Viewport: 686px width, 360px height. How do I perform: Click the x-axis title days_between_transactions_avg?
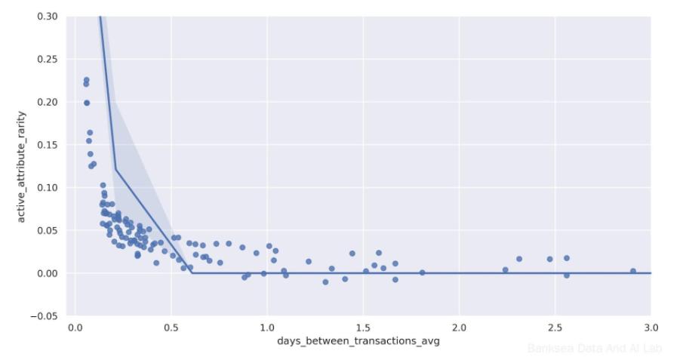(358, 341)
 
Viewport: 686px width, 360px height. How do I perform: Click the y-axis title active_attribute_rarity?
(22, 166)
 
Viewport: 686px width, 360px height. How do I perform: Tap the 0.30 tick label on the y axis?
(47, 17)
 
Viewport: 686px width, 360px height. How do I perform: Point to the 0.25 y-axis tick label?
(47, 60)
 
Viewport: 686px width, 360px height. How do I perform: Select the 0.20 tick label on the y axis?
(47, 102)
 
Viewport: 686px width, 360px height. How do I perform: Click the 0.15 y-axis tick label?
(47, 145)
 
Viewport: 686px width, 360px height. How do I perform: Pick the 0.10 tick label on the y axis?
(47, 187)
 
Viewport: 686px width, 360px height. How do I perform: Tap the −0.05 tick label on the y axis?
(44, 315)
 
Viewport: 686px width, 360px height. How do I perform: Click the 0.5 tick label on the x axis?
(171, 328)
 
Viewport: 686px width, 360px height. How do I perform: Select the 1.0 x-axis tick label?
(266, 328)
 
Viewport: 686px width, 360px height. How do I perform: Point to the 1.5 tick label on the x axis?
(363, 328)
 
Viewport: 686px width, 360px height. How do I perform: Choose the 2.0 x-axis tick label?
(459, 328)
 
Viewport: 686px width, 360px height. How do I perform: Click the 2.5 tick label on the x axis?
(555, 328)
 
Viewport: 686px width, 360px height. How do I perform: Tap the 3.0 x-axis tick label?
(651, 328)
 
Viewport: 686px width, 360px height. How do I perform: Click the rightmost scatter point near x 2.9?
(633, 271)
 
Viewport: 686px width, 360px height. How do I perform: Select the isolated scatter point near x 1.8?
(422, 272)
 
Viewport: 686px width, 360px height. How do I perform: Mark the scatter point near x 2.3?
(519, 259)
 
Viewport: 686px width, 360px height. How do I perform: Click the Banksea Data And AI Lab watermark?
(595, 349)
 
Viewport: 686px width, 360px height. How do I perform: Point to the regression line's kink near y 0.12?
(115, 169)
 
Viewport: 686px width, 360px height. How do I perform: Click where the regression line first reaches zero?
(192, 272)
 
